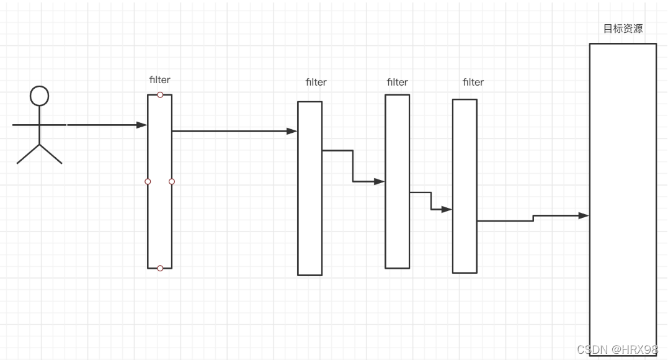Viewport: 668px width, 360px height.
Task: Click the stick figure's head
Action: (x=40, y=96)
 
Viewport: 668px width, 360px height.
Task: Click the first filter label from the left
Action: (x=159, y=79)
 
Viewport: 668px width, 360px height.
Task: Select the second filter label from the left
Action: (x=316, y=82)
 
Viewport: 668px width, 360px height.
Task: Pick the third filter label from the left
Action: (x=397, y=82)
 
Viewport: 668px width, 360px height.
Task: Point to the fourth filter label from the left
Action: (x=473, y=82)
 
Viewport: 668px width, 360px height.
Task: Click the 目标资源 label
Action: (x=623, y=29)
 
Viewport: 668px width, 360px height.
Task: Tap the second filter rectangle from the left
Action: (x=310, y=205)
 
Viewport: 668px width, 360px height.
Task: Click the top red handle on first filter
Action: (x=160, y=95)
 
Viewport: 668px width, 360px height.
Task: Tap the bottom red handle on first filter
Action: (x=160, y=268)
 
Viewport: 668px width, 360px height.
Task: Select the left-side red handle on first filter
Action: (x=148, y=182)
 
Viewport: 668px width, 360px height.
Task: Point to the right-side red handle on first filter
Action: (x=172, y=182)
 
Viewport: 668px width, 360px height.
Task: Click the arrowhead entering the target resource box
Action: (x=584, y=215)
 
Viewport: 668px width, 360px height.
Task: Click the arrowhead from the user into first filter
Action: (x=142, y=125)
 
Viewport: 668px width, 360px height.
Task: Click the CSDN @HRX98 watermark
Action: (x=617, y=349)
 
